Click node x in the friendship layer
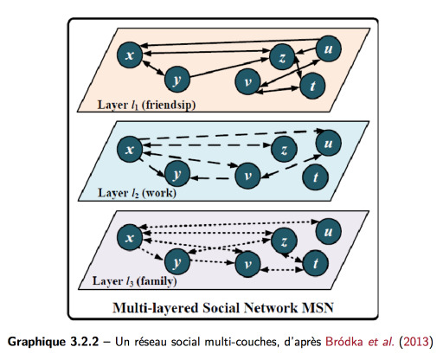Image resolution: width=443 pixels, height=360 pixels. pyautogui.click(x=130, y=55)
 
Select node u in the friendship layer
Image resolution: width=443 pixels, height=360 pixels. pyautogui.click(x=329, y=48)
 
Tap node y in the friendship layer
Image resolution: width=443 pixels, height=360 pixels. pyautogui.click(x=177, y=79)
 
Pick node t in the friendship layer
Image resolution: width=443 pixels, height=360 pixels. pyautogui.click(x=312, y=86)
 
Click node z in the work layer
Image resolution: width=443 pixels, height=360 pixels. pyautogui.click(x=284, y=149)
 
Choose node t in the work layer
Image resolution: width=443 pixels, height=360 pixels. pyautogui.click(x=315, y=177)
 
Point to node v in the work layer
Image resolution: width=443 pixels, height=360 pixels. pyautogui.click(x=247, y=176)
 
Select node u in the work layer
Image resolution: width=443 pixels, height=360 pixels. pyautogui.click(x=329, y=143)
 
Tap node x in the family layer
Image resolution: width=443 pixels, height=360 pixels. pyautogui.click(x=130, y=237)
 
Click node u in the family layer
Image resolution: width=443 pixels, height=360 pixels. pyautogui.click(x=329, y=232)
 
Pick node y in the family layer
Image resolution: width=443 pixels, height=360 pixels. pyautogui.click(x=177, y=261)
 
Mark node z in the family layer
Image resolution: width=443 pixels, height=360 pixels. pyautogui.click(x=284, y=241)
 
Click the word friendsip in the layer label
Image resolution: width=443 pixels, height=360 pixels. pyautogui.click(x=169, y=105)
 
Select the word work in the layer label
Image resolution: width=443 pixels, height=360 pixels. pyautogui.click(x=159, y=193)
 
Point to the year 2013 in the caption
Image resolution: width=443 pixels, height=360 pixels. pyautogui.click(x=416, y=342)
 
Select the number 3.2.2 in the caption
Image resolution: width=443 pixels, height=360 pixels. pyautogui.click(x=84, y=342)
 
